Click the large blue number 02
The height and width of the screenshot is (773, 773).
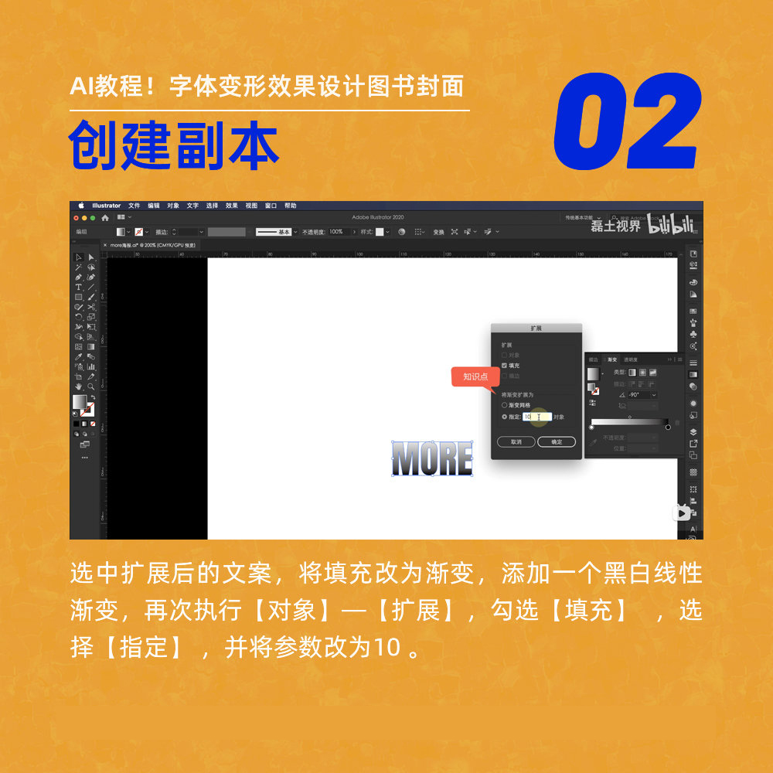point(628,121)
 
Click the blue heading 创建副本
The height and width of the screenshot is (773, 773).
point(174,145)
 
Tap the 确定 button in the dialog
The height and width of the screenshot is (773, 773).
point(557,441)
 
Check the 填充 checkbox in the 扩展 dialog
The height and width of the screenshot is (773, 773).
point(505,365)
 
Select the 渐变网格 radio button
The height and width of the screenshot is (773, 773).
point(505,404)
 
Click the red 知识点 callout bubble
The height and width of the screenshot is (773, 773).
point(475,376)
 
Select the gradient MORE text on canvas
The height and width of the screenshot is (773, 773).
point(432,459)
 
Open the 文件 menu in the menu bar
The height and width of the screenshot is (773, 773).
point(135,206)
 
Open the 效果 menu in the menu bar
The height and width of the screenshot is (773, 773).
point(232,206)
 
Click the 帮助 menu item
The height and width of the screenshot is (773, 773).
point(291,206)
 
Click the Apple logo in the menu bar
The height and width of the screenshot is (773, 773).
point(80,206)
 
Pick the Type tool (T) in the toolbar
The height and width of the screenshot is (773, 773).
point(78,287)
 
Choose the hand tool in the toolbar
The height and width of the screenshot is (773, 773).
point(78,386)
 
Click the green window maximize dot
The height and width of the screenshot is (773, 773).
point(94,218)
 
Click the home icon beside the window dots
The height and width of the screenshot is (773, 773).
point(105,218)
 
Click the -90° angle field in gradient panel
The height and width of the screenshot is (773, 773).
point(642,394)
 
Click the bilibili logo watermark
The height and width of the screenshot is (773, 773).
point(670,225)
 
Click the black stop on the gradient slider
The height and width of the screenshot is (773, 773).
point(668,427)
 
